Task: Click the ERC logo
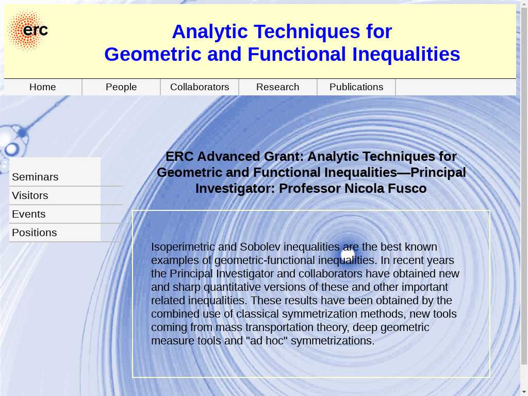pyautogui.click(x=28, y=30)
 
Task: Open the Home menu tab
pyautogui.click(x=42, y=87)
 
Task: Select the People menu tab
pyautogui.click(x=121, y=87)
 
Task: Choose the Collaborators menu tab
pyautogui.click(x=200, y=87)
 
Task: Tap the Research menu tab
pyautogui.click(x=278, y=87)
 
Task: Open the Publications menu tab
pyautogui.click(x=356, y=87)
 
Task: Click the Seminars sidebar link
pyautogui.click(x=35, y=177)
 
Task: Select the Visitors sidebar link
pyautogui.click(x=30, y=195)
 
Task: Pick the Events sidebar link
pyautogui.click(x=29, y=214)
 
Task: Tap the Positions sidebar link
pyautogui.click(x=35, y=233)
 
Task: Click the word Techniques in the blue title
pyautogui.click(x=307, y=31)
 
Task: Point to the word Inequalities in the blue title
pyautogui.click(x=406, y=54)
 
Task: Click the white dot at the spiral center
pyautogui.click(x=348, y=255)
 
